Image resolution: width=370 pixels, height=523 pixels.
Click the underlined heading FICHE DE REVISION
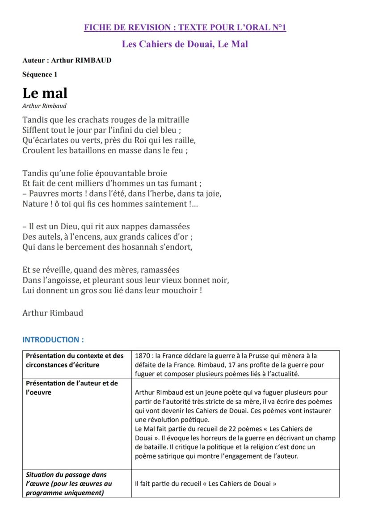pyautogui.click(x=185, y=28)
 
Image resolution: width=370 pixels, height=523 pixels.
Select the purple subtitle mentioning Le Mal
pyautogui.click(x=185, y=44)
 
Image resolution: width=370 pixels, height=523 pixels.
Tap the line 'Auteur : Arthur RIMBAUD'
pyautogui.click(x=67, y=60)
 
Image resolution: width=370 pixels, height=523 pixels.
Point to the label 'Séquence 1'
pyautogui.click(x=40, y=75)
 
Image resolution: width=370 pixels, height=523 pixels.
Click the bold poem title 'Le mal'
pyautogui.click(x=45, y=93)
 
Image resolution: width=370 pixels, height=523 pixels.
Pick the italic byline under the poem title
pyautogui.click(x=44, y=106)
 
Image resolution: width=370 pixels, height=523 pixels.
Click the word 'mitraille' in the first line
pyautogui.click(x=172, y=120)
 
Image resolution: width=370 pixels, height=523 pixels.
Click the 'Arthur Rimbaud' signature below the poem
pyautogui.click(x=53, y=313)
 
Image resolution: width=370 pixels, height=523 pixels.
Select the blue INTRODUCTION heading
pyautogui.click(x=53, y=340)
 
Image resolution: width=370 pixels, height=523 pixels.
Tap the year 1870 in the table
pyautogui.click(x=143, y=356)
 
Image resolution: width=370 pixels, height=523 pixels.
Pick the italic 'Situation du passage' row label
pyautogui.click(x=66, y=475)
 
